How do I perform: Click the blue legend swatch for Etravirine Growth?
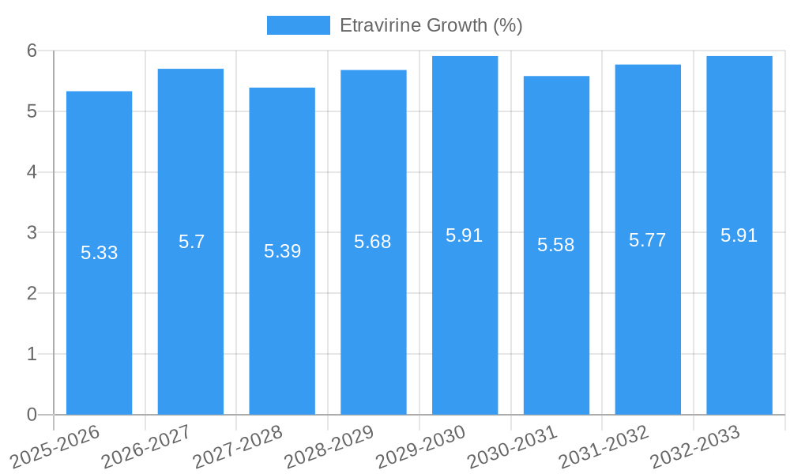298,25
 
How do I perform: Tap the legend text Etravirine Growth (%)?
431,25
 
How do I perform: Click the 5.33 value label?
99,253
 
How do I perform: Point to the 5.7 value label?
191,242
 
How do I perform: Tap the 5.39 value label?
282,251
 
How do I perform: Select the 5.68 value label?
373,242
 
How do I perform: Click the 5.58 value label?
556,245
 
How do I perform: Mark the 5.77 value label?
648,240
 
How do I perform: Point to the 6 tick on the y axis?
32,51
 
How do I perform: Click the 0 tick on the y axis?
32,415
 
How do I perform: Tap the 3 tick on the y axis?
32,233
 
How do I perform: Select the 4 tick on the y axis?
32,172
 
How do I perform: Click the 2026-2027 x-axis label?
147,446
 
